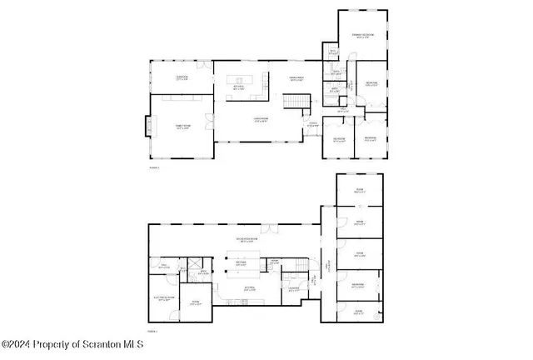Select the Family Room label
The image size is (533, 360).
[182, 127]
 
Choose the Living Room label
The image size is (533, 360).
[260, 120]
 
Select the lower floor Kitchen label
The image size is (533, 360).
[247, 289]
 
